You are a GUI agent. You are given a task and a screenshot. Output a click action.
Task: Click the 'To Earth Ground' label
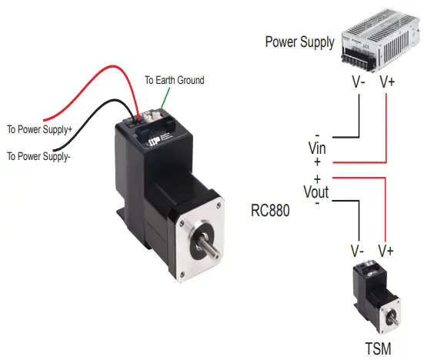click(x=175, y=80)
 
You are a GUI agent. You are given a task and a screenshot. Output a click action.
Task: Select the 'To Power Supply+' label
click(x=39, y=129)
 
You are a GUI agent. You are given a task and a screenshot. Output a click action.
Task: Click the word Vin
click(x=316, y=147)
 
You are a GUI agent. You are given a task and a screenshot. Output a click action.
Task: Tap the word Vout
click(x=319, y=191)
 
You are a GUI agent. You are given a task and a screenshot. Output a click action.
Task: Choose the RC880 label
click(x=270, y=211)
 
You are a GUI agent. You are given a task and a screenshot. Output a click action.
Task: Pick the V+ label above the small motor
click(x=387, y=251)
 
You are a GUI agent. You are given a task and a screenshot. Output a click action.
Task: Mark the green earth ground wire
click(x=164, y=99)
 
